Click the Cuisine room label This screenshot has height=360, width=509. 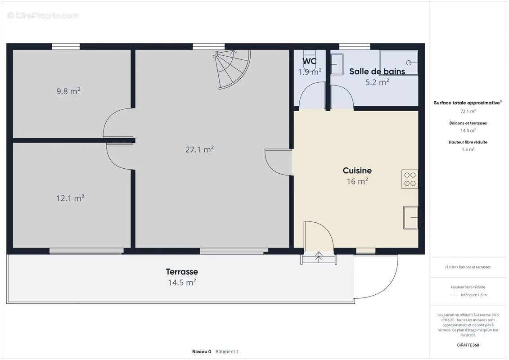point(357,171)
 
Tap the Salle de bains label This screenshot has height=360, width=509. point(377,72)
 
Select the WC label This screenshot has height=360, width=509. point(309,61)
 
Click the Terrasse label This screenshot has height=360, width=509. point(182,271)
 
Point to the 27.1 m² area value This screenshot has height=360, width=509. point(199,149)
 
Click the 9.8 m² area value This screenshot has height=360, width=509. point(68,91)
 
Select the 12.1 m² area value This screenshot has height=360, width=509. point(70,198)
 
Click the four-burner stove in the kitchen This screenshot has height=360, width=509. point(410,179)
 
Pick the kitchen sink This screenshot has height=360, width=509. point(410,217)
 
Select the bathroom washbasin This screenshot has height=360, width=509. point(337,64)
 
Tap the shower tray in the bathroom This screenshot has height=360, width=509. point(399,63)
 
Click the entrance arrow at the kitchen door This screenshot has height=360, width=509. point(319,256)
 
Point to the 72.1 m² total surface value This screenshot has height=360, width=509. point(468,111)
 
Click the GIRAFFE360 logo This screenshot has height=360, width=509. point(468,345)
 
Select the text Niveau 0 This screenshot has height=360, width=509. point(202,351)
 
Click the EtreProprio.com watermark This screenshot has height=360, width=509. point(43,15)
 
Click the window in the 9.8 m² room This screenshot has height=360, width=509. point(66,46)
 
